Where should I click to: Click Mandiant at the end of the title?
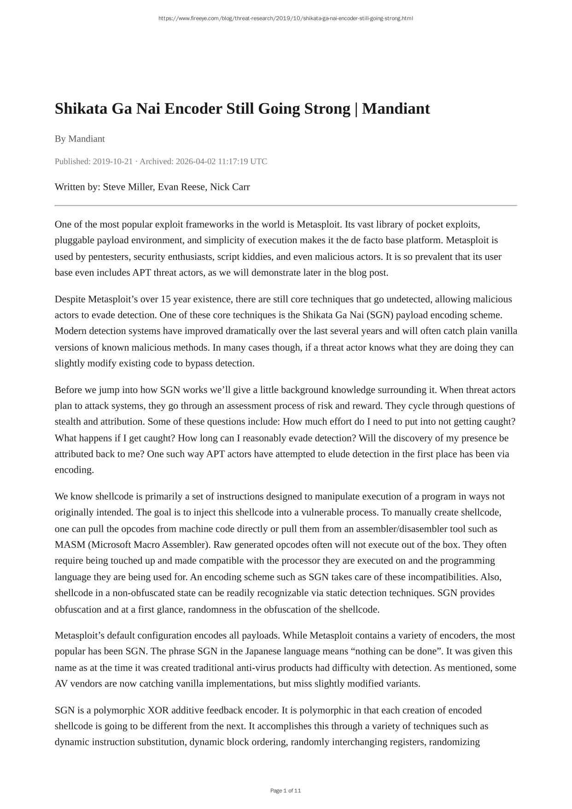point(396,109)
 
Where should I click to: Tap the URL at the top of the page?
point(286,18)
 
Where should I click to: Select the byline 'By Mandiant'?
point(80,139)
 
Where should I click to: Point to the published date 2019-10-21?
point(112,161)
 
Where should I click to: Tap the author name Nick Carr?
point(230,187)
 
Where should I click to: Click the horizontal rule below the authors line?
point(286,205)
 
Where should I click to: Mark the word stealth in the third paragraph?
point(69,422)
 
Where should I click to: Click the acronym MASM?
point(70,545)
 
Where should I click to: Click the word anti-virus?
point(254,668)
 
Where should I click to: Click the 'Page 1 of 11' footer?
point(286,791)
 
